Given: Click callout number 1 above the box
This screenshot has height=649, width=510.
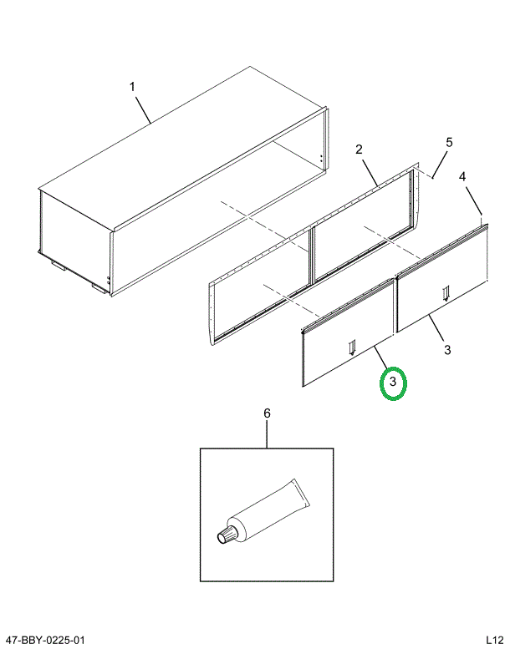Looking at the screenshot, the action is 132,87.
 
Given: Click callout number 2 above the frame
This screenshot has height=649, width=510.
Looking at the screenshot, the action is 359,150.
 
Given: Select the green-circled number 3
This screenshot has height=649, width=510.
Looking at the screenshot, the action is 393,382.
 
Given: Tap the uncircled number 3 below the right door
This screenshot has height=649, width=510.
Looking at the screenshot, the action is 447,349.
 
